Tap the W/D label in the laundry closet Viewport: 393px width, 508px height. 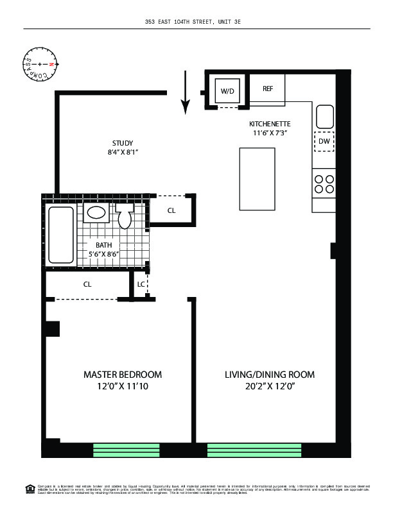point(227,92)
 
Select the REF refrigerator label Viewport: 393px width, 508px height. point(268,89)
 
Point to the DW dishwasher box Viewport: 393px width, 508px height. point(324,141)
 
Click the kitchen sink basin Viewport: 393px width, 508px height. point(324,117)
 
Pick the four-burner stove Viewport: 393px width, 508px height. point(324,184)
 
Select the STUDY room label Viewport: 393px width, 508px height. point(122,143)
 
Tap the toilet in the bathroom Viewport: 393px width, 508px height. point(126,217)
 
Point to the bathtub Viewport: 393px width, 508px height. point(62,235)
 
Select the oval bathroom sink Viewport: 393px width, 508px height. point(98,213)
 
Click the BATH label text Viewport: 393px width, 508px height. point(104,245)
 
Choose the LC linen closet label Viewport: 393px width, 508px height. point(141,283)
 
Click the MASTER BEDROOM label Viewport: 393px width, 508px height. point(123,375)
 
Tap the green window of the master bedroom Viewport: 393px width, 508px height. point(127,450)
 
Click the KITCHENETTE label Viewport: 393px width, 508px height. point(270,124)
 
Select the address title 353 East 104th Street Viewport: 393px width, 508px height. point(197,22)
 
